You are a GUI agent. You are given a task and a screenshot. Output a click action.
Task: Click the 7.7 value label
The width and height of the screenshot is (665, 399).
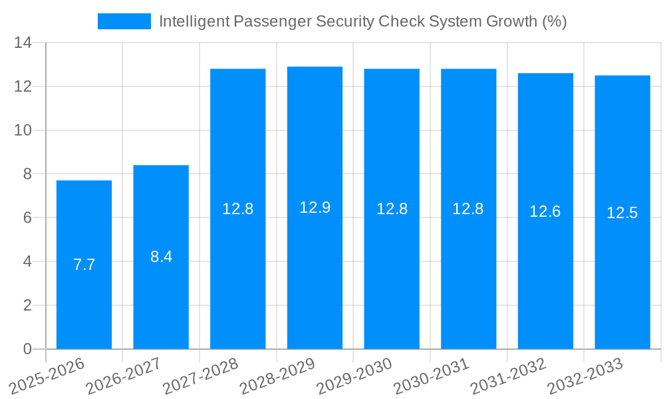pyautogui.click(x=84, y=265)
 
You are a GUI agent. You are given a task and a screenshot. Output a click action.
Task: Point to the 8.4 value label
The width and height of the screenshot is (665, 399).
pyautogui.click(x=161, y=257)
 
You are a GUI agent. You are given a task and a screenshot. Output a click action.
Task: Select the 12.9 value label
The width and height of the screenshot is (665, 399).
pyautogui.click(x=315, y=207)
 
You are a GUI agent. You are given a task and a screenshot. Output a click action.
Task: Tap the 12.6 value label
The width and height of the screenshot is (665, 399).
pyautogui.click(x=545, y=211)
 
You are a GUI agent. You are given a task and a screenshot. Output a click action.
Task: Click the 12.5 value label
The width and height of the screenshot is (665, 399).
pyautogui.click(x=622, y=213)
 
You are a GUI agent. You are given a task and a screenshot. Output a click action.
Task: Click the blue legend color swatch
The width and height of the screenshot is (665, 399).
pyautogui.click(x=124, y=21)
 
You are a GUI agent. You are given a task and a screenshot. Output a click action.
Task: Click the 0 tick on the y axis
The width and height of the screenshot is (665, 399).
pyautogui.click(x=27, y=349)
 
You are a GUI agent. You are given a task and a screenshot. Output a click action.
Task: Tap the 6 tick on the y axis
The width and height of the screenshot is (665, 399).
pyautogui.click(x=27, y=218)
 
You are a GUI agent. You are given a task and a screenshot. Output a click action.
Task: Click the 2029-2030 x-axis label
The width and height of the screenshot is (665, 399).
pyautogui.click(x=355, y=376)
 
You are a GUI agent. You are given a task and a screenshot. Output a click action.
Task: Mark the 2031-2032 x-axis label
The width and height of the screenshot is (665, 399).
pyautogui.click(x=509, y=376)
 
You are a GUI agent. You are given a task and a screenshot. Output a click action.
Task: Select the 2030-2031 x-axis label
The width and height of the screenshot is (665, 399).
pyautogui.click(x=432, y=376)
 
